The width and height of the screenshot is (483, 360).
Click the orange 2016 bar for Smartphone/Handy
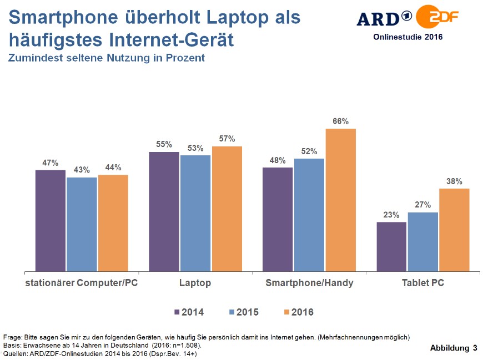click(340, 200)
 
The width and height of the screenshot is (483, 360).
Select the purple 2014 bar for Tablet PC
click(391, 247)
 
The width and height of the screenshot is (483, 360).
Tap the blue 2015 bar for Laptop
click(195, 214)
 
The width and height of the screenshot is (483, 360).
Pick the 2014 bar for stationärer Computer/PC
click(51, 221)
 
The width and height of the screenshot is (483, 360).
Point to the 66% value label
click(340, 121)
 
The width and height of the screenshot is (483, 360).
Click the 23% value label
click(391, 215)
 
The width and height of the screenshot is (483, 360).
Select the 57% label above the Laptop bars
click(227, 139)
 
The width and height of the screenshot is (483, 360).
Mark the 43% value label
click(82, 170)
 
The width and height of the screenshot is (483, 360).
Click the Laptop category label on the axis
click(195, 283)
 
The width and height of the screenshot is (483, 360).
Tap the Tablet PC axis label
click(423, 283)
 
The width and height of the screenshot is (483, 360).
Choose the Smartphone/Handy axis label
click(309, 283)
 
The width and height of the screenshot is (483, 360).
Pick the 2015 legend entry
click(243, 312)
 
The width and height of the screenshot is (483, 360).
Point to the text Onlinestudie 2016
click(407, 37)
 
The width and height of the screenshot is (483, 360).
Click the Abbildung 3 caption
click(453, 348)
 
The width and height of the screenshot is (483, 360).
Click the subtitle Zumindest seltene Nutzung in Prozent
click(106, 58)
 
